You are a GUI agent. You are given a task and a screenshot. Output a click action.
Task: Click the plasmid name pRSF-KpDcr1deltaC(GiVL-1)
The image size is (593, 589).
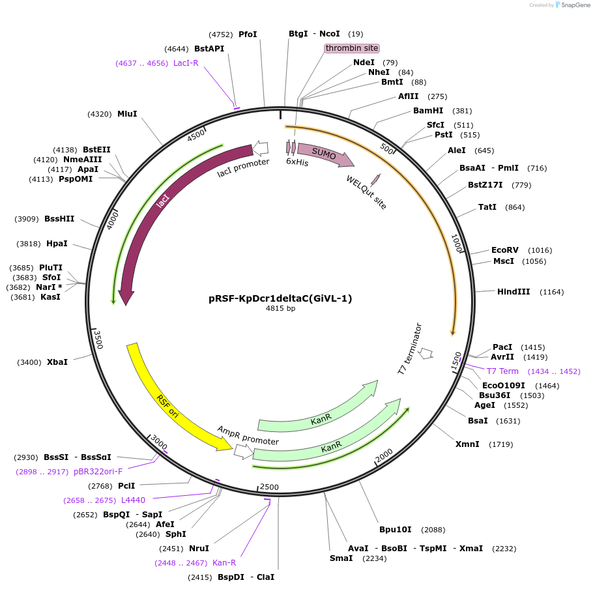pyautogui.click(x=280, y=298)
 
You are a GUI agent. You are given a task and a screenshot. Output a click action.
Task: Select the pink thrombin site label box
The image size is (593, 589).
pyautogui.click(x=352, y=48)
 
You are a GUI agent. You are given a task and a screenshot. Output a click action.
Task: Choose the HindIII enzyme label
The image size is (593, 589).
pyautogui.click(x=513, y=292)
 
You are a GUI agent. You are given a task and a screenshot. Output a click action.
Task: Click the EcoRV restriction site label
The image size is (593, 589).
pyautogui.click(x=505, y=250)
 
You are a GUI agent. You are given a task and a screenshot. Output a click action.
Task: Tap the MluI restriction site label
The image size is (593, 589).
pyautogui.click(x=127, y=114)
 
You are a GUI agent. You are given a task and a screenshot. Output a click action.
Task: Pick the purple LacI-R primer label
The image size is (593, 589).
pyautogui.click(x=186, y=63)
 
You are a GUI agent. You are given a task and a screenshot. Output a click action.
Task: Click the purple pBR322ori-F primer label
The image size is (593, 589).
pyautogui.click(x=98, y=471)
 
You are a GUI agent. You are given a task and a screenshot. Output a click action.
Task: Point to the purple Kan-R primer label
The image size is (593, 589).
pyautogui.click(x=224, y=563)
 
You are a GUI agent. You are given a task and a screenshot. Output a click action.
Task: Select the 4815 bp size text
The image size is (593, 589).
pyautogui.click(x=280, y=309)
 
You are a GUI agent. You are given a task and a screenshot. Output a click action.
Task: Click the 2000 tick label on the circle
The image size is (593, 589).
pyautogui.click(x=384, y=455)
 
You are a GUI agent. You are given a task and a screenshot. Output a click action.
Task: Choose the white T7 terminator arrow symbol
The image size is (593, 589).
pyautogui.click(x=426, y=353)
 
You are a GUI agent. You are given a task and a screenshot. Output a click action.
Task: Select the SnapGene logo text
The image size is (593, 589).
pyautogui.click(x=573, y=5)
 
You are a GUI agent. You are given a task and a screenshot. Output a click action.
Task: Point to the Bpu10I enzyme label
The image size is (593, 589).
pyautogui.click(x=396, y=529)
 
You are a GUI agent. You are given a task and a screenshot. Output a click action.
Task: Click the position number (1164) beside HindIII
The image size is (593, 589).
pyautogui.click(x=552, y=292)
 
